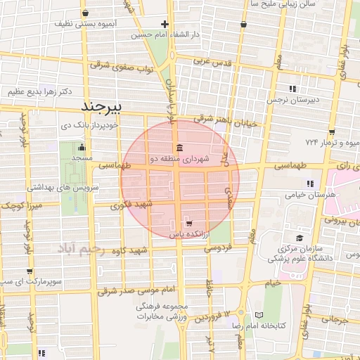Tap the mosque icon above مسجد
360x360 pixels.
click(82, 148)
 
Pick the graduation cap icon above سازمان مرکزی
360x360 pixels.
click(300, 238)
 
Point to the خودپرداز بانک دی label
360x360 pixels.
click(93, 126)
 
